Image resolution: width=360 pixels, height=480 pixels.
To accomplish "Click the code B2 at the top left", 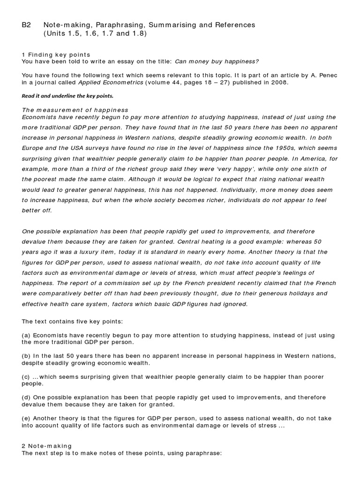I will tap(27, 25).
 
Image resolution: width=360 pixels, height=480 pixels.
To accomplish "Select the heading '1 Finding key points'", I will tap(56, 55).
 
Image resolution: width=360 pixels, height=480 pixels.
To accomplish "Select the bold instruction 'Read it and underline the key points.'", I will tap(67, 96).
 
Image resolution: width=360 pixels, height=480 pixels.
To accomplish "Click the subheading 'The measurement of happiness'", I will tap(75, 110).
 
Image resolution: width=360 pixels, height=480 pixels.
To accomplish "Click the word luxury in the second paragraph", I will tap(104, 252).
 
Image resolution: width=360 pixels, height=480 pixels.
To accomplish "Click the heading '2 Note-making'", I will tap(47, 446).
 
